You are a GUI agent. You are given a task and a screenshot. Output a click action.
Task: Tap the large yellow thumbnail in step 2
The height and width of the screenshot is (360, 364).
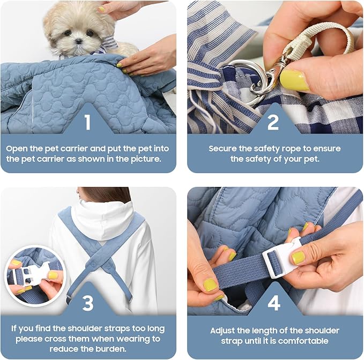pyautogui.click(x=294, y=80)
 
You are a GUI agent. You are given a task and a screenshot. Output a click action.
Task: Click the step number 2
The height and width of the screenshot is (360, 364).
pyautogui.click(x=273, y=123)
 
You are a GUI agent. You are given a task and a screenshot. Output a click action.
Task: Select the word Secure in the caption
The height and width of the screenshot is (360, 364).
pyautogui.click(x=223, y=148)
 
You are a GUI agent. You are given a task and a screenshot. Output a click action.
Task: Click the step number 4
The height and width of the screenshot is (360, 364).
pyautogui.click(x=273, y=303)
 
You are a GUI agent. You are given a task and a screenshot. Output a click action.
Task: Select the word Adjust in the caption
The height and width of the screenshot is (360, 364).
pyautogui.click(x=224, y=331)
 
